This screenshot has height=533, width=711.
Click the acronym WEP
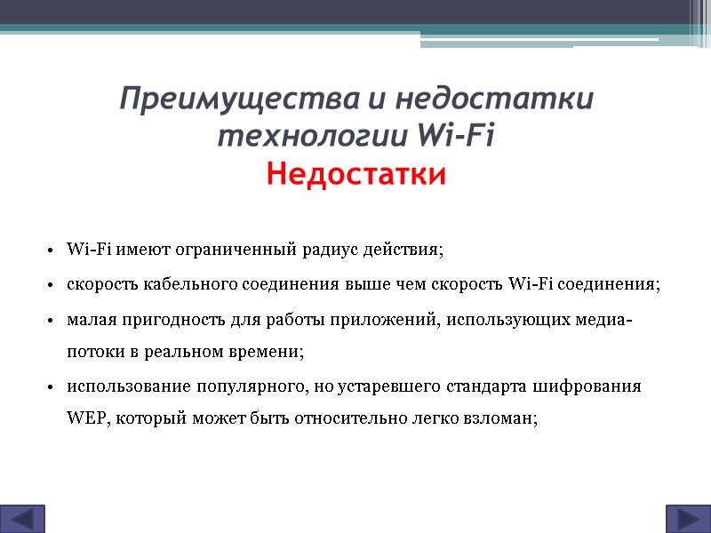click(84, 421)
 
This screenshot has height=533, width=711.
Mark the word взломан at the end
click(504, 421)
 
